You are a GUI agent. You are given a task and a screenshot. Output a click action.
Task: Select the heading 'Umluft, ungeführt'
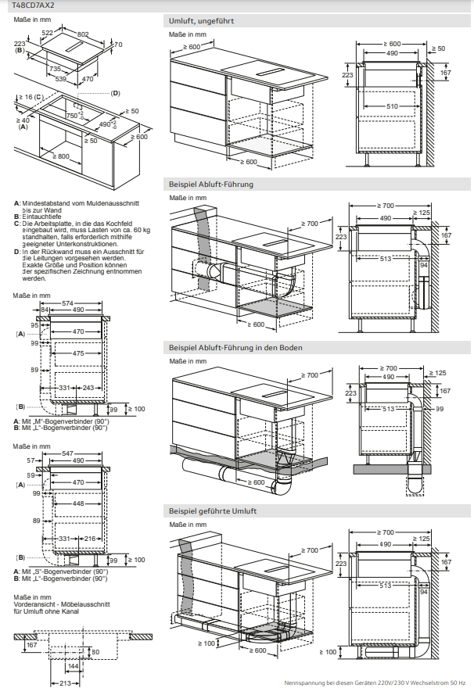pyautogui.click(x=201, y=21)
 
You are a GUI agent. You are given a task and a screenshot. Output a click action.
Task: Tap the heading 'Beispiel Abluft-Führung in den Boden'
pyautogui.click(x=235, y=347)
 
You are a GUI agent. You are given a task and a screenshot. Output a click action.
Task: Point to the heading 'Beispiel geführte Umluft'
pyautogui.click(x=212, y=511)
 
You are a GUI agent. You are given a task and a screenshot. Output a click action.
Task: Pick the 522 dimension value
pyautogui.click(x=48, y=33)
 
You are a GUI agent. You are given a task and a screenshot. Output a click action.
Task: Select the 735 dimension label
pyautogui.click(x=56, y=70)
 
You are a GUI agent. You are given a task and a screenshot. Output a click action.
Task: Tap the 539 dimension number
pyautogui.click(x=60, y=79)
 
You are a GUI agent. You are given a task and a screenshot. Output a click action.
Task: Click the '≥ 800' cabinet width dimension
pyautogui.click(x=60, y=156)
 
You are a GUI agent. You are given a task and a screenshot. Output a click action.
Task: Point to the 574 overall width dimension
pyautogui.click(x=67, y=303)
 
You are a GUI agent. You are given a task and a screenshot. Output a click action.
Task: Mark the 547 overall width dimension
pyautogui.click(x=67, y=453)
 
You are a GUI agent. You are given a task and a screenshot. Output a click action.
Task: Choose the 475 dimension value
pyautogui.click(x=77, y=353)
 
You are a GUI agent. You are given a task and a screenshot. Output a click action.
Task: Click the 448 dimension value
pyautogui.click(x=77, y=503)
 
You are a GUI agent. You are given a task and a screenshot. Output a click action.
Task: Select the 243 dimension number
pyautogui.click(x=88, y=388)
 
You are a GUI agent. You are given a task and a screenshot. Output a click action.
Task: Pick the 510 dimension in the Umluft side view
pyautogui.click(x=392, y=106)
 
